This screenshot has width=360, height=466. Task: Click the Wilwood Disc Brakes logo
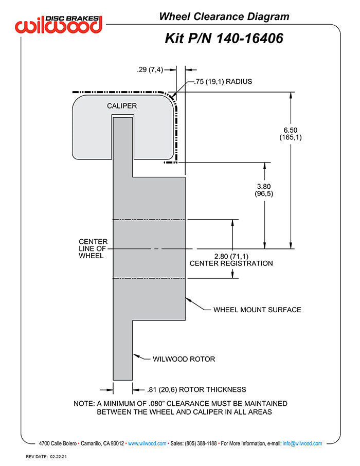click(59, 24)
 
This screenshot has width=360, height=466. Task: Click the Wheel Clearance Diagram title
click(224, 16)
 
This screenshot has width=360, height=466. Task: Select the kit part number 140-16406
click(250, 39)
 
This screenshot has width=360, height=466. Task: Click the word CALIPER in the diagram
click(122, 106)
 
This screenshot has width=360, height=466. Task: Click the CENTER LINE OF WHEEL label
click(93, 249)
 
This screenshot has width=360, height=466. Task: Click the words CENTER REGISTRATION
click(231, 264)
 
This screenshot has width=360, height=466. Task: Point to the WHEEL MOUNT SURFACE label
click(257, 310)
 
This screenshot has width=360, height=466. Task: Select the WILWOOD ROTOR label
click(184, 359)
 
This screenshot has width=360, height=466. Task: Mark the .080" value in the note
click(156, 404)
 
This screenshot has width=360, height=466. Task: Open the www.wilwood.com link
click(147, 443)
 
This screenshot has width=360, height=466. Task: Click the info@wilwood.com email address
click(302, 443)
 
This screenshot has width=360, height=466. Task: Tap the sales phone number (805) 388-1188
click(201, 443)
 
